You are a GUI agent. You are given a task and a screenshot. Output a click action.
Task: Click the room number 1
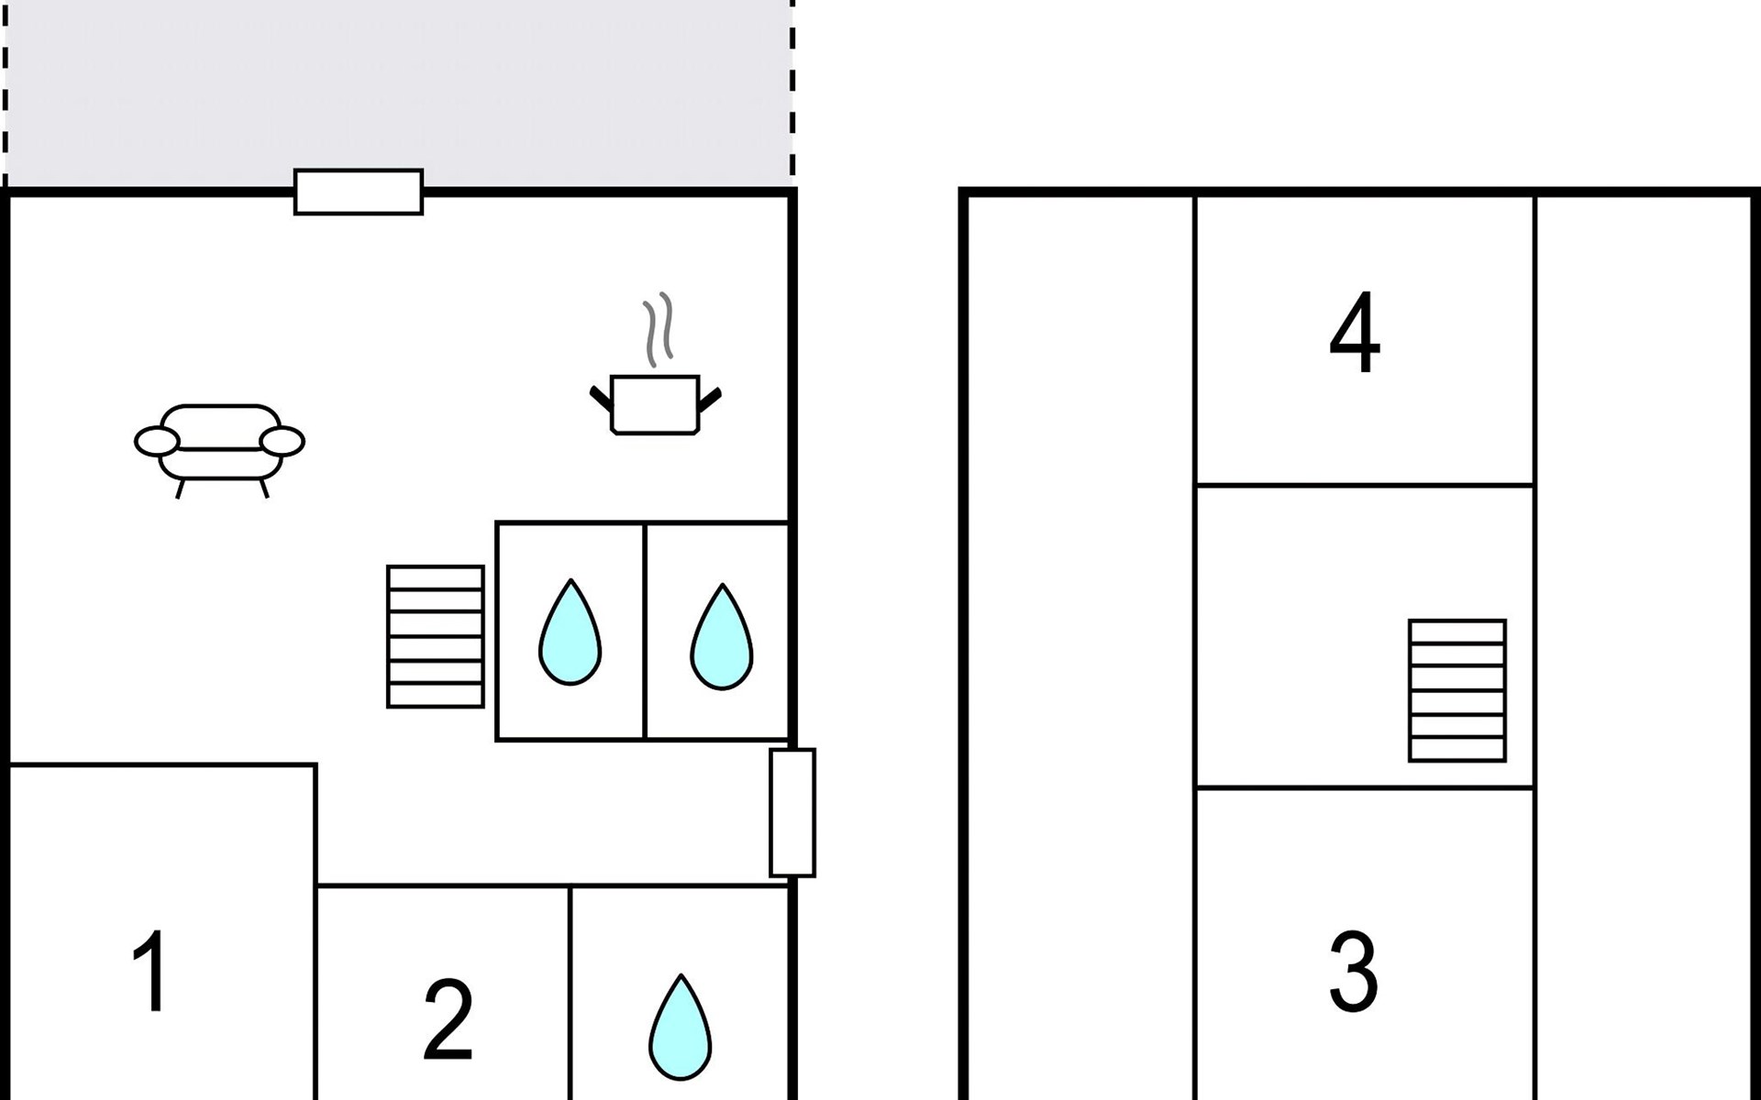coord(150,971)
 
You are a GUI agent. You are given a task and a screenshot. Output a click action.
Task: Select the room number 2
coord(448,1019)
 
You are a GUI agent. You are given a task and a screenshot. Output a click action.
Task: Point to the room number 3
coord(1354,971)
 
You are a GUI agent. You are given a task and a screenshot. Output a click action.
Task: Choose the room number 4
coord(1355,333)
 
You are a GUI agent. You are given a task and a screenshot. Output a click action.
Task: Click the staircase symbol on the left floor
coord(436,636)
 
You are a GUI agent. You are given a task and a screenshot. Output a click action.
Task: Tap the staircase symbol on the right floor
coord(1457,690)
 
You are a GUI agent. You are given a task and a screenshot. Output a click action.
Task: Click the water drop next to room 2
coord(681,1027)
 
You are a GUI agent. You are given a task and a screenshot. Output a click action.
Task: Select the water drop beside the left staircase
coord(570,632)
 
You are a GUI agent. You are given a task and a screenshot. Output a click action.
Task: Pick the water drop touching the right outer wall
coord(722,636)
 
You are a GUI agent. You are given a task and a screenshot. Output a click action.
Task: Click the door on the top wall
coord(359,192)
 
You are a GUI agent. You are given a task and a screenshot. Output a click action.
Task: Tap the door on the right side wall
coord(792,813)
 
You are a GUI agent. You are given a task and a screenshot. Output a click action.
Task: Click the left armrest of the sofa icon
coord(157,441)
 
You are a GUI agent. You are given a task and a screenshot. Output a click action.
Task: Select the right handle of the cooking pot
coord(710,399)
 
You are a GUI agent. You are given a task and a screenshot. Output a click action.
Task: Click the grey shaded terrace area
coord(399,92)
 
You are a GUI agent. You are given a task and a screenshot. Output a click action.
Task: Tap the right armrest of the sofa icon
coord(282,441)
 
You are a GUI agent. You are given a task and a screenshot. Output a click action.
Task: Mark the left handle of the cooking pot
coord(602,399)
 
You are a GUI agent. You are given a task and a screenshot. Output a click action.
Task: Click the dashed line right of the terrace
coord(792,92)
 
